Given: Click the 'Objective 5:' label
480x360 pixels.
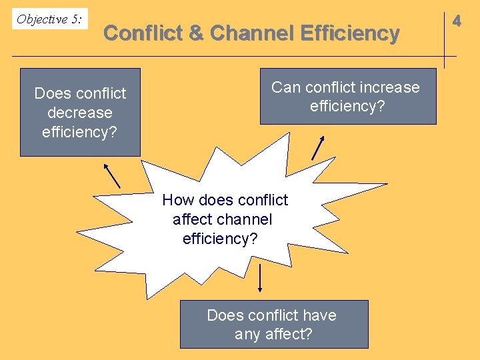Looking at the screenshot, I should [x=49, y=19].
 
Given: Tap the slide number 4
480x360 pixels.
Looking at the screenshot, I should [x=457, y=21].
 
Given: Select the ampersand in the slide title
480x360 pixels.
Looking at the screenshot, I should [x=197, y=33].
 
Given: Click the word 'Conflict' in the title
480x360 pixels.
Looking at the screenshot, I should [x=143, y=33].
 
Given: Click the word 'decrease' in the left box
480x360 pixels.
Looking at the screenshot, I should [x=80, y=113].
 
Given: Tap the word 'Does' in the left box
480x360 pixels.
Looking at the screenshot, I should [x=51, y=93].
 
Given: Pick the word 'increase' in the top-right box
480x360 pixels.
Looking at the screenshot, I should [x=387, y=87].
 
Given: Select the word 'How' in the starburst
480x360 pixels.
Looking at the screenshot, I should [x=177, y=200].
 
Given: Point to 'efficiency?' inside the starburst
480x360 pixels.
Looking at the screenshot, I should [x=220, y=239].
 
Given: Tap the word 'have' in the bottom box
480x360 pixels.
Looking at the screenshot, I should [x=319, y=315].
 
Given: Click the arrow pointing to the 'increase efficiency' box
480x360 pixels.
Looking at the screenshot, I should [x=318, y=147].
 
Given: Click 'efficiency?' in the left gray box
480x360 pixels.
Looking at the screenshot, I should [x=80, y=132].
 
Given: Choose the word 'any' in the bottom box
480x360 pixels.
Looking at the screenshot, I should [x=247, y=335].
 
